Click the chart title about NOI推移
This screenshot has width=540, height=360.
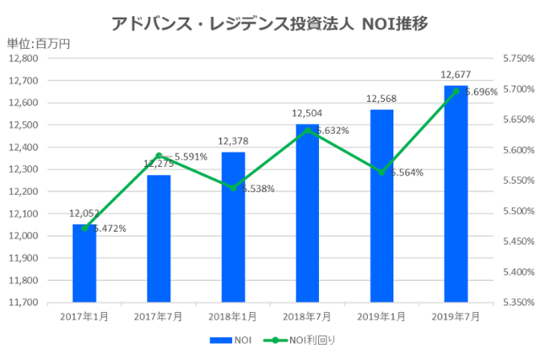(x=269, y=23)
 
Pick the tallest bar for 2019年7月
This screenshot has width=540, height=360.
(x=456, y=194)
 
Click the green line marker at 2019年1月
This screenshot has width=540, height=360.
(x=381, y=172)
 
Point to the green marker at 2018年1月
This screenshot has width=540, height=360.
(x=233, y=188)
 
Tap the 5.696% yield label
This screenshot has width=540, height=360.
(x=481, y=92)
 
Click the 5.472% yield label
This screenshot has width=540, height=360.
(x=109, y=228)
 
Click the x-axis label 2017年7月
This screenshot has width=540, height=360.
(x=159, y=315)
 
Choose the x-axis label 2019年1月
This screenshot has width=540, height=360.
(x=381, y=315)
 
